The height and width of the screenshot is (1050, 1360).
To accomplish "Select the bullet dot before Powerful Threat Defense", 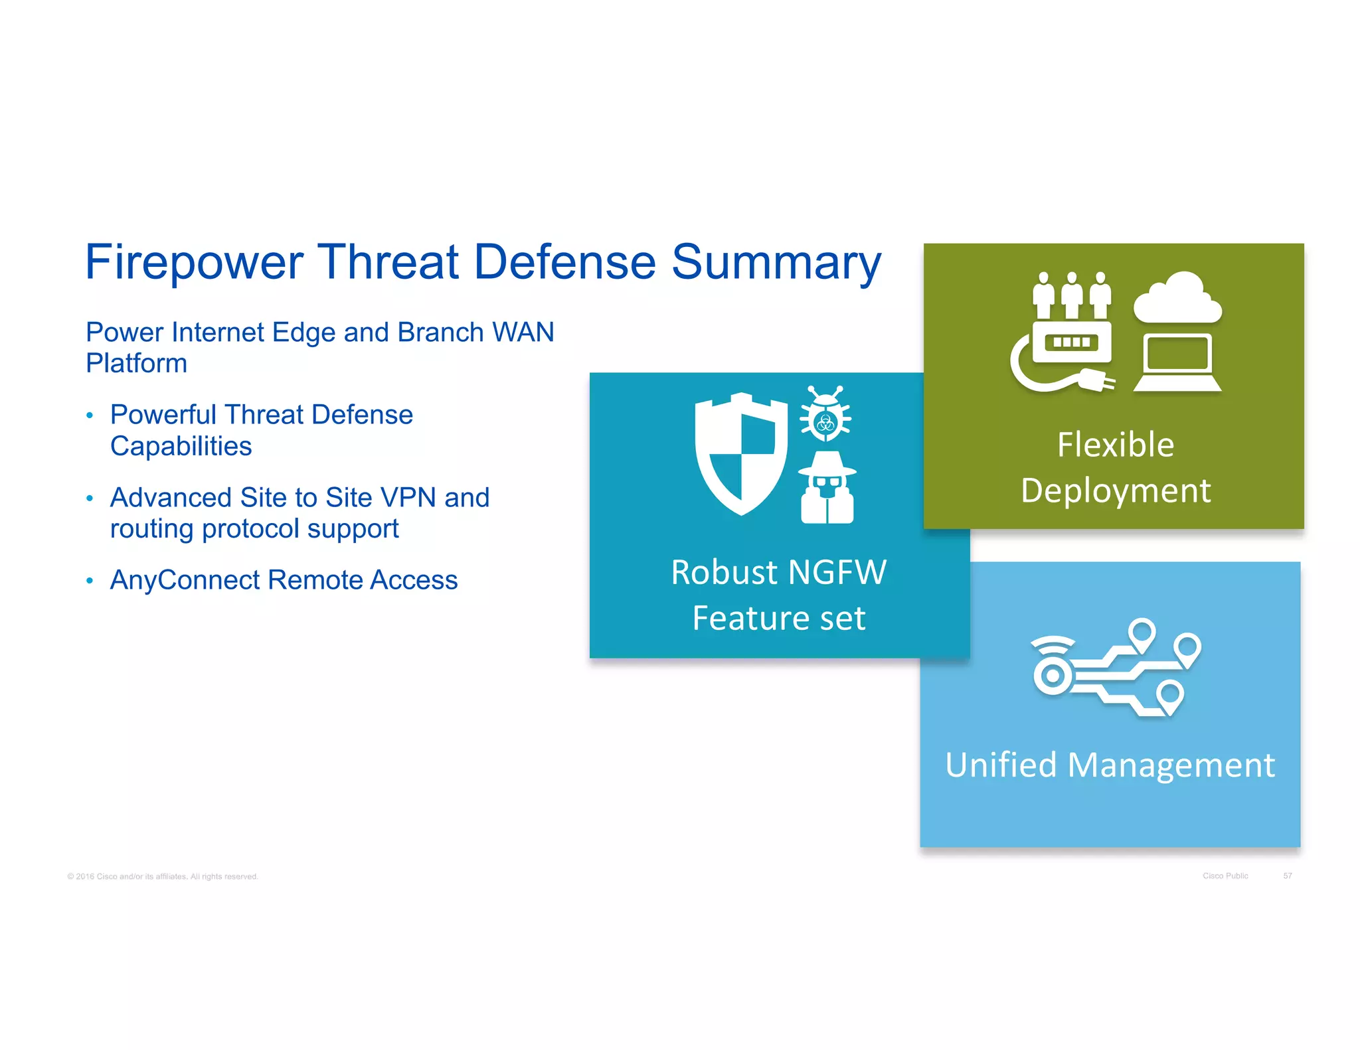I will point(90,416).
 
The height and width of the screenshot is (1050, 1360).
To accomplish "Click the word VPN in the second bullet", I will point(404,498).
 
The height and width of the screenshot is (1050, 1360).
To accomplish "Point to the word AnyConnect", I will point(185,580).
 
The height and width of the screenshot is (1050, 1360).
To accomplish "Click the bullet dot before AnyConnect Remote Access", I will point(90,581).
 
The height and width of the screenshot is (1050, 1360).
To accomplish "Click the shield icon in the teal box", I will point(740,454).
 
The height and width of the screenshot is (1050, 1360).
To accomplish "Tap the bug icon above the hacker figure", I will point(825,414).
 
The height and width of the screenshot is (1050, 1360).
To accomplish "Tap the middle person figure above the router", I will point(1071,295).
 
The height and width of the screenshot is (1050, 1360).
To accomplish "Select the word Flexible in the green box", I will point(1115,445).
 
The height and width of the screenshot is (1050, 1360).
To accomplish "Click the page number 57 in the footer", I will point(1287,876).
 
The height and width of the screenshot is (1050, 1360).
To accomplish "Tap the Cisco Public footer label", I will point(1225,876).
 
